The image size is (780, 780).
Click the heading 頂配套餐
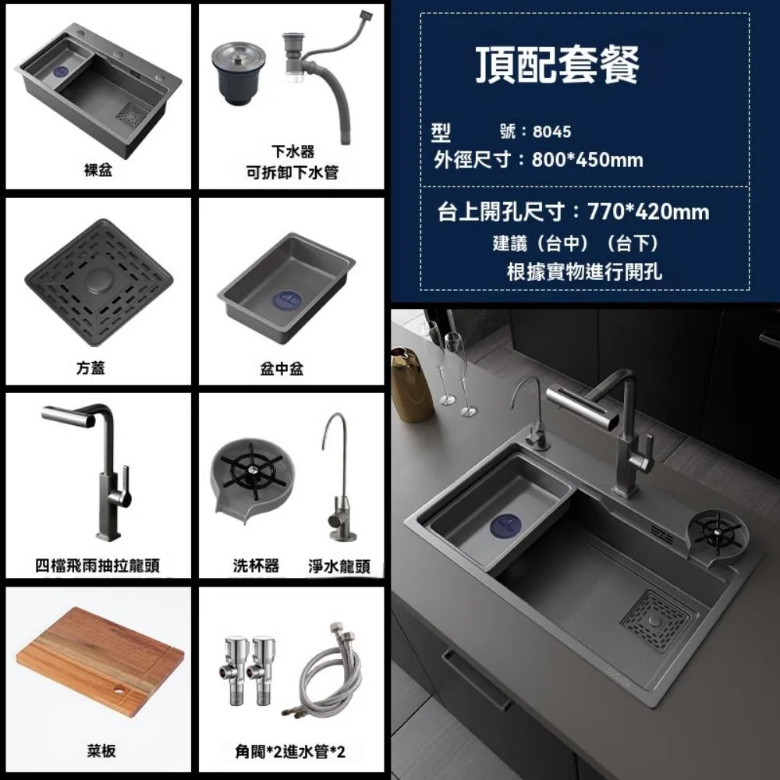558,66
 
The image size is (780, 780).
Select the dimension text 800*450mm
587,161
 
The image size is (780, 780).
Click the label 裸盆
98,170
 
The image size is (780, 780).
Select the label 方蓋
98,368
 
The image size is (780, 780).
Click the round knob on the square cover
98,278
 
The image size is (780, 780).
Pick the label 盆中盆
282,368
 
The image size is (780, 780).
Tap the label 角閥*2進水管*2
290,752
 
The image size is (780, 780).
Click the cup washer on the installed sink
716,533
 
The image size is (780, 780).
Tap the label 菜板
101,751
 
